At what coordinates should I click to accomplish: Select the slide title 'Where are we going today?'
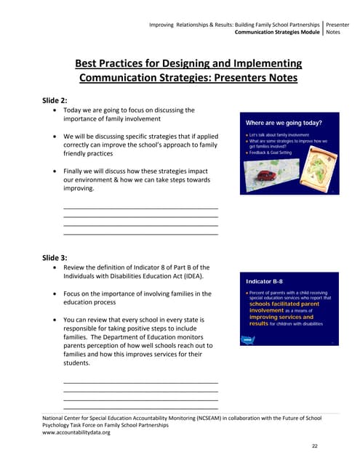pos(284,123)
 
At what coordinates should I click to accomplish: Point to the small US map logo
pos(247,339)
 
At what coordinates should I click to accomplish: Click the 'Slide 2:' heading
pos(55,100)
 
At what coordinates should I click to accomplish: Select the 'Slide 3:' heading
pos(55,257)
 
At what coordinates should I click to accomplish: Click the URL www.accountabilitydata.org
pos(76,432)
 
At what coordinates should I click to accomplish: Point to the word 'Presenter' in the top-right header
pos(338,25)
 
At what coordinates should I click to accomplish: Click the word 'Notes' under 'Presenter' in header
pos(334,32)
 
